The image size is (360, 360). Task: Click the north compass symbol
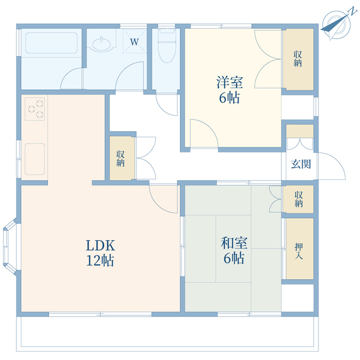(x=337, y=24)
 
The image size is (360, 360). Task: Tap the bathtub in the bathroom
(x=51, y=43)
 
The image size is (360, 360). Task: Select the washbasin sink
(x=102, y=44)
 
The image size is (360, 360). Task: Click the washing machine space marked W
(x=134, y=41)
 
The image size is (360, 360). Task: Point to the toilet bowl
(x=167, y=46)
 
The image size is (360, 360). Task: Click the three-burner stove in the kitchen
(x=35, y=109)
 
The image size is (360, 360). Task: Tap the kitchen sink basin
(x=35, y=159)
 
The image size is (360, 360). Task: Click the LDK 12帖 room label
(x=100, y=253)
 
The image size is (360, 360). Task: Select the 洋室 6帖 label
(x=229, y=89)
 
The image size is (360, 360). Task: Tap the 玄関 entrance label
(x=301, y=164)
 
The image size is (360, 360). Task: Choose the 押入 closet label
(x=299, y=251)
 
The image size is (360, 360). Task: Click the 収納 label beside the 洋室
(x=298, y=58)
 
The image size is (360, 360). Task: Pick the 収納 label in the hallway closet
(x=120, y=159)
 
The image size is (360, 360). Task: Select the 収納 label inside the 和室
(x=299, y=199)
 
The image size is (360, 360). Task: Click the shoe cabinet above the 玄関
(x=300, y=131)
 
